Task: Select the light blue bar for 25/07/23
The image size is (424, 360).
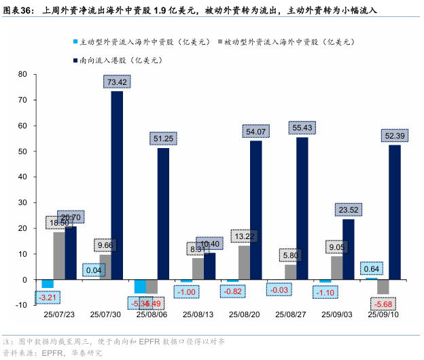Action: pyautogui.click(x=48, y=284)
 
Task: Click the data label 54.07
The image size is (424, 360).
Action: pyautogui.click(x=255, y=131)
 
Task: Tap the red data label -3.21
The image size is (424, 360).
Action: pyautogui.click(x=47, y=297)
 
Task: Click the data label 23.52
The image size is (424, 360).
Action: pyautogui.click(x=348, y=209)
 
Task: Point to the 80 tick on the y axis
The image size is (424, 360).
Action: pyautogui.click(x=22, y=74)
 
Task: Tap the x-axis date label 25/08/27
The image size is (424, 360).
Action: pyautogui.click(x=291, y=315)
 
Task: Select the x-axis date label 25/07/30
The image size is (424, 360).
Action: pyautogui.click(x=105, y=315)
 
